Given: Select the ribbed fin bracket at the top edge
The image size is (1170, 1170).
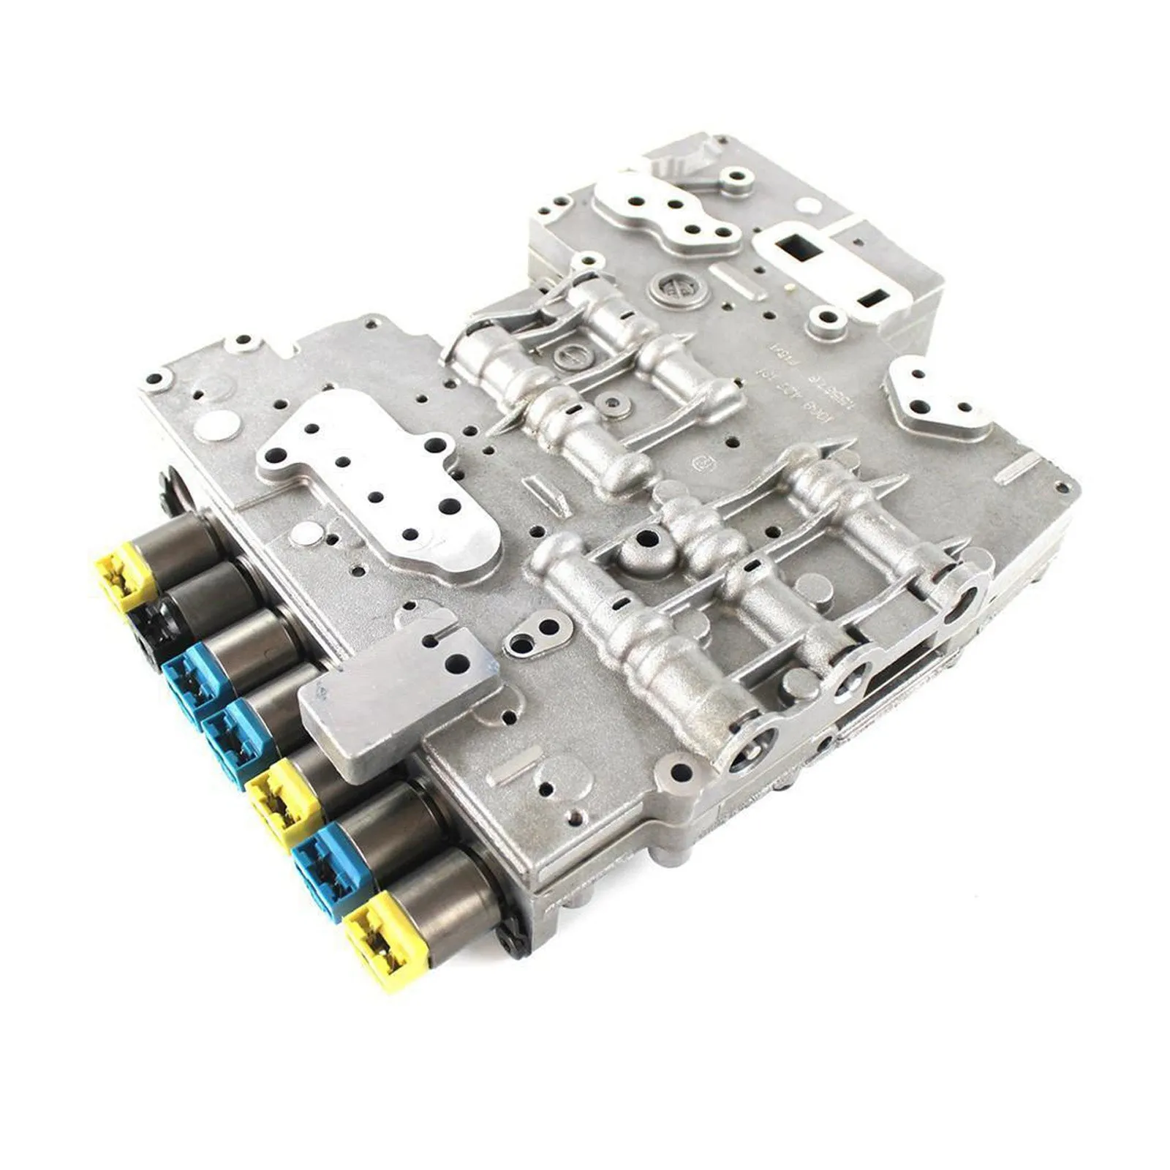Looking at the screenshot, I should point(684,157).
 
